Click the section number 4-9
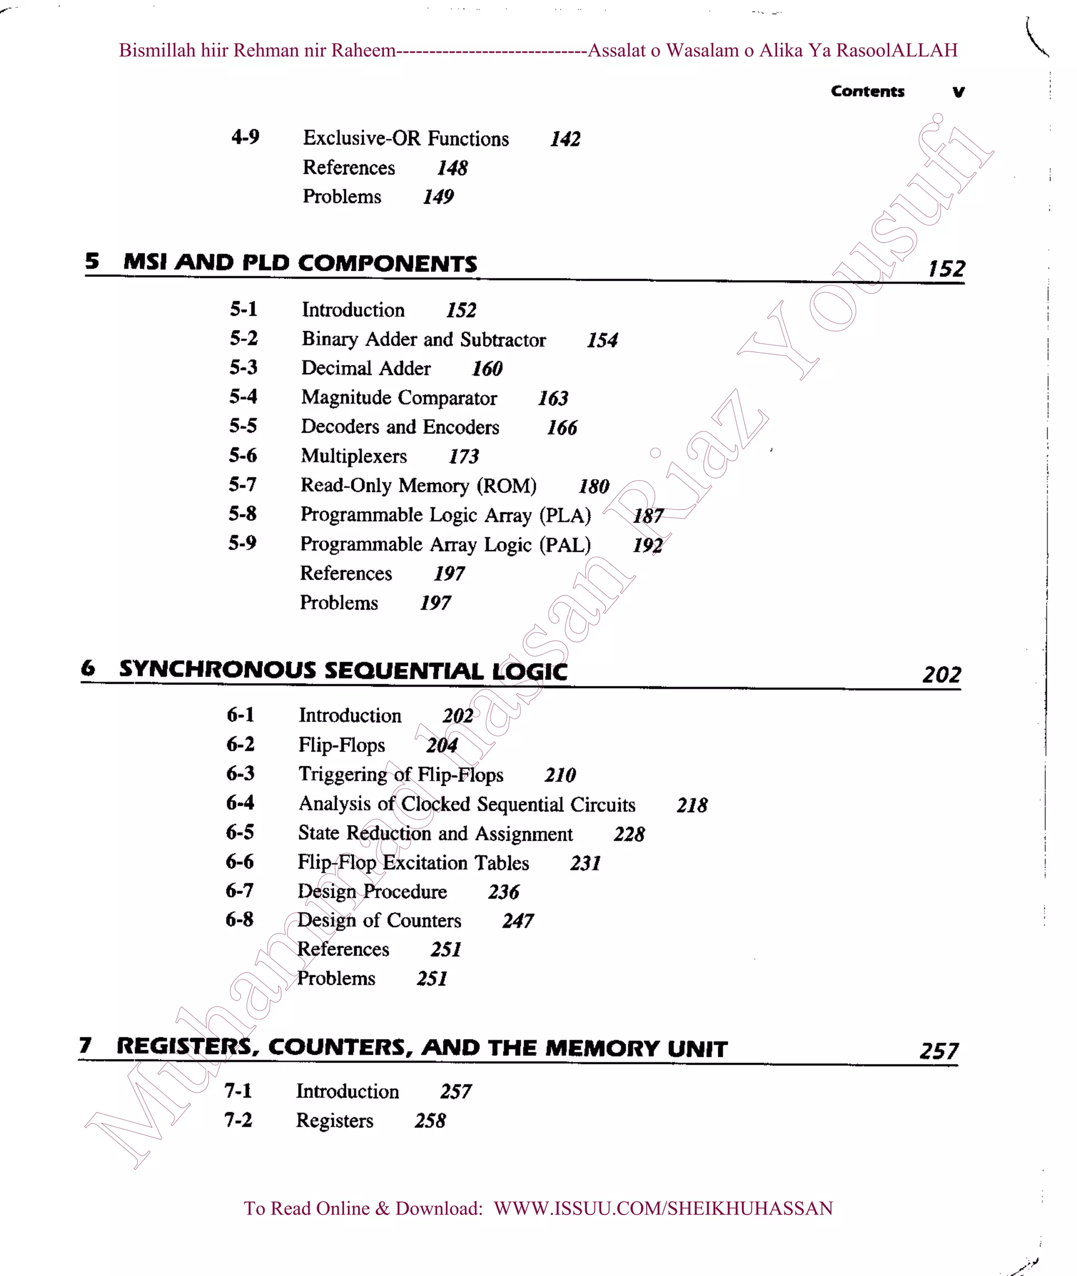coord(245,137)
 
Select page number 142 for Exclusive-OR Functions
coord(565,139)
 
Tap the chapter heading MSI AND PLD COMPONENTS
coord(300,263)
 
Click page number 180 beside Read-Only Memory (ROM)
coord(593,486)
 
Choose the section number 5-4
coord(243,397)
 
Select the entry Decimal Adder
coord(365,368)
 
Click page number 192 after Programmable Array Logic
coord(647,544)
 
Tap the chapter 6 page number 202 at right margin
coord(941,674)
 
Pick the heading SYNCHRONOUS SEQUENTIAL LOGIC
coord(343,670)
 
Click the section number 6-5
coord(240,832)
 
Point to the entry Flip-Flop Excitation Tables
coord(413,862)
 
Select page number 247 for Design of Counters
coord(518,921)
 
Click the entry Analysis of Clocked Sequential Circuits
coord(466,804)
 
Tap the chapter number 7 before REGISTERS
coord(86,1045)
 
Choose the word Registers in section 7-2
coord(334,1120)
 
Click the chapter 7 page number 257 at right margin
coord(939,1051)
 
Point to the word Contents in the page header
coord(867,91)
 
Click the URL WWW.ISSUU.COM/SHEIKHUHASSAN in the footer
coord(663,1208)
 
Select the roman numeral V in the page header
coord(958,92)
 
